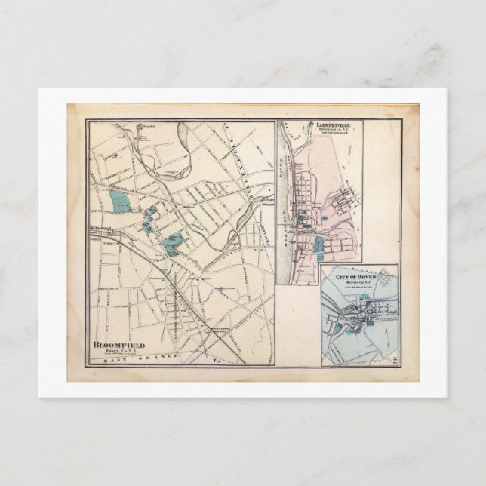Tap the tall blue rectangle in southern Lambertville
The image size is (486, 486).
(x=319, y=246)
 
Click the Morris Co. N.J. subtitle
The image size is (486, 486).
(x=355, y=282)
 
